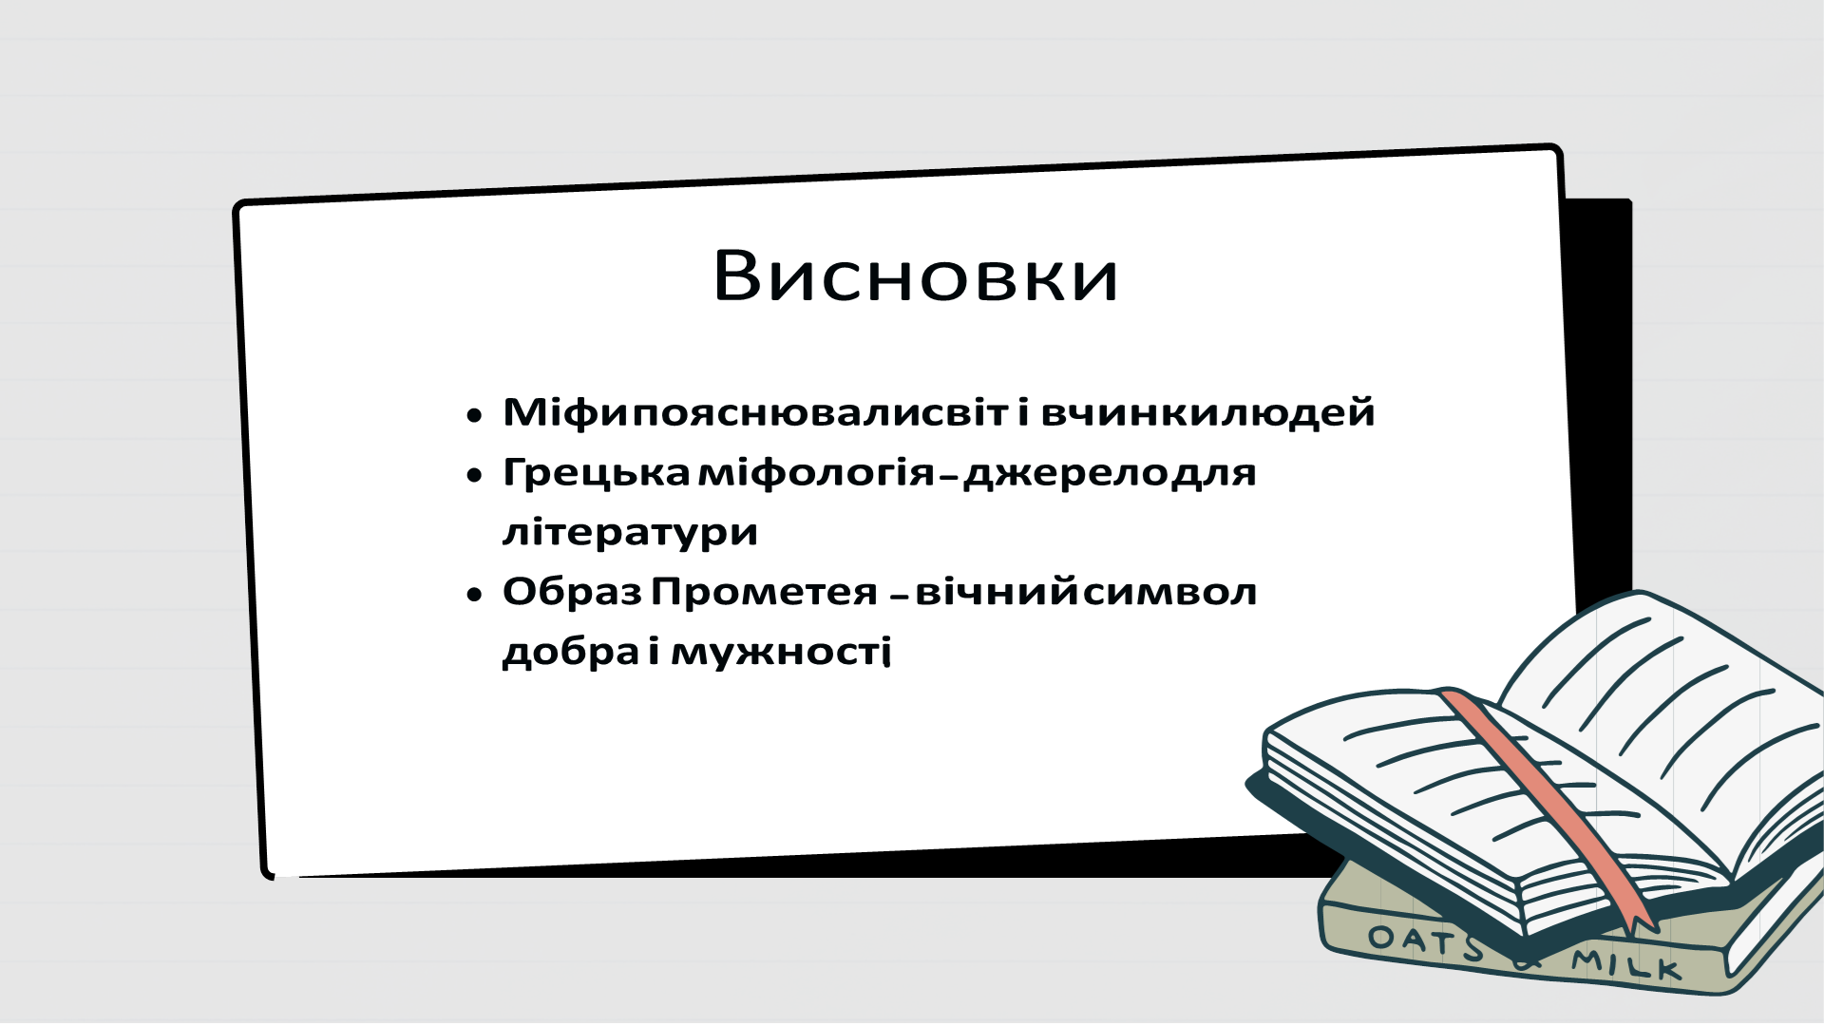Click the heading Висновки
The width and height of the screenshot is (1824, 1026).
(916, 276)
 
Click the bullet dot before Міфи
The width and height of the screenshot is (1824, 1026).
(475, 416)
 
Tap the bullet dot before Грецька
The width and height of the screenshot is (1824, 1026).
(475, 476)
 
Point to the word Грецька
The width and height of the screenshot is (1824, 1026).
(596, 472)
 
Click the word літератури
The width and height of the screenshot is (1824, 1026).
(630, 532)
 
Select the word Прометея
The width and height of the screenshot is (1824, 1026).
(764, 592)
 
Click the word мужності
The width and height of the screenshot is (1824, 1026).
(781, 652)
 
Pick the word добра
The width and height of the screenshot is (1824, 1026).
(571, 652)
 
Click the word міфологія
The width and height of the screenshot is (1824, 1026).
(817, 472)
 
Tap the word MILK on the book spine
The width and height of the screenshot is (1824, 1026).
(1626, 964)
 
